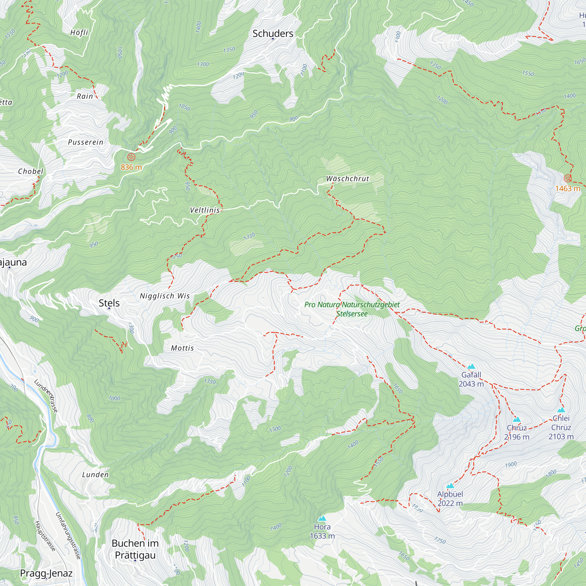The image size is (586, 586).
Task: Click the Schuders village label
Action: tap(273, 33)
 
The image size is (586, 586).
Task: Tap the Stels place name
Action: tap(109, 303)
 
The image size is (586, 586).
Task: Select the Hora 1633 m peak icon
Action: tap(322, 518)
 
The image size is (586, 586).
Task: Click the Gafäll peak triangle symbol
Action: tap(471, 367)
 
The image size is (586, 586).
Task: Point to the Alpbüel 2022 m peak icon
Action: tap(450, 486)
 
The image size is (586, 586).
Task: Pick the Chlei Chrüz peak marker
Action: tap(561, 410)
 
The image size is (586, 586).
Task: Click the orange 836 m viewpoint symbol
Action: tap(131, 157)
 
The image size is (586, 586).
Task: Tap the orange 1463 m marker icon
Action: tap(568, 178)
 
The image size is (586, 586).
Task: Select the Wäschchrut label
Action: tap(347, 179)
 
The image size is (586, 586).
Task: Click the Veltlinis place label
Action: tap(205, 210)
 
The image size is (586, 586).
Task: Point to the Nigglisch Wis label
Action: tap(165, 296)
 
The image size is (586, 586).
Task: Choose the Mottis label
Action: tap(182, 348)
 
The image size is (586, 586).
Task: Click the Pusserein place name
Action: tap(86, 142)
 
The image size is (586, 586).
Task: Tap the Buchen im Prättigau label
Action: tap(135, 549)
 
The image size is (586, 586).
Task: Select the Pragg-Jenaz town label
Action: tap(46, 573)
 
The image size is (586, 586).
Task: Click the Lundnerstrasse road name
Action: tap(46, 396)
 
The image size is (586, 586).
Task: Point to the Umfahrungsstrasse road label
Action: tap(69, 536)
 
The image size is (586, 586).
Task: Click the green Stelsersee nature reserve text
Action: tap(352, 309)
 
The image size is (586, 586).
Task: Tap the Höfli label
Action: tap(79, 33)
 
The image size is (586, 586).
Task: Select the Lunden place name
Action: tap(95, 475)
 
